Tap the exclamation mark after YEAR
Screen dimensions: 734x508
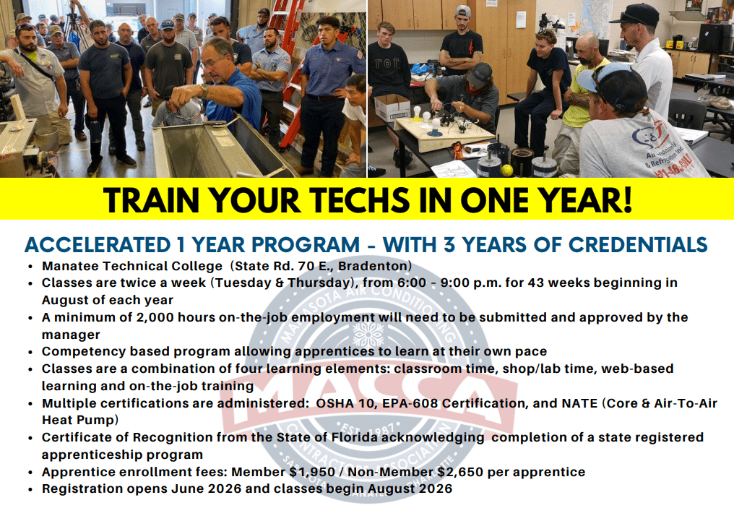(x=627, y=200)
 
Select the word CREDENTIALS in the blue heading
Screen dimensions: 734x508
(x=638, y=245)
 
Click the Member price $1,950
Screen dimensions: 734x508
(x=312, y=472)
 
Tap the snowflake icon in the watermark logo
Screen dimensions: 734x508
(x=368, y=335)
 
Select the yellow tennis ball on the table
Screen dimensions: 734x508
(x=507, y=170)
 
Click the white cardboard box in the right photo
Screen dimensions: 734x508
(x=392, y=107)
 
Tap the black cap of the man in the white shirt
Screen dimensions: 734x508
(x=635, y=14)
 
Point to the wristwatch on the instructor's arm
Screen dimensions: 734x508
(x=204, y=90)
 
